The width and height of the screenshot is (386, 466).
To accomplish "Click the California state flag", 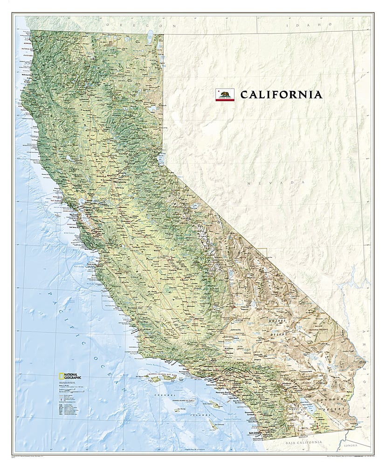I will [x=225, y=95].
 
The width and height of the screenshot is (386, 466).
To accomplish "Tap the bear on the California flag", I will [x=225, y=94].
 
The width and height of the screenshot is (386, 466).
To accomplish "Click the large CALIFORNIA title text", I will [x=281, y=95].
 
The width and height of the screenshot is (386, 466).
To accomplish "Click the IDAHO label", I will [x=319, y=24].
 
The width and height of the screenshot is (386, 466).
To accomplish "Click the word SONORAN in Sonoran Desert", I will [x=325, y=401].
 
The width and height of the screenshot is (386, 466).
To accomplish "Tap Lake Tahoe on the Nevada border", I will [x=160, y=156].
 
